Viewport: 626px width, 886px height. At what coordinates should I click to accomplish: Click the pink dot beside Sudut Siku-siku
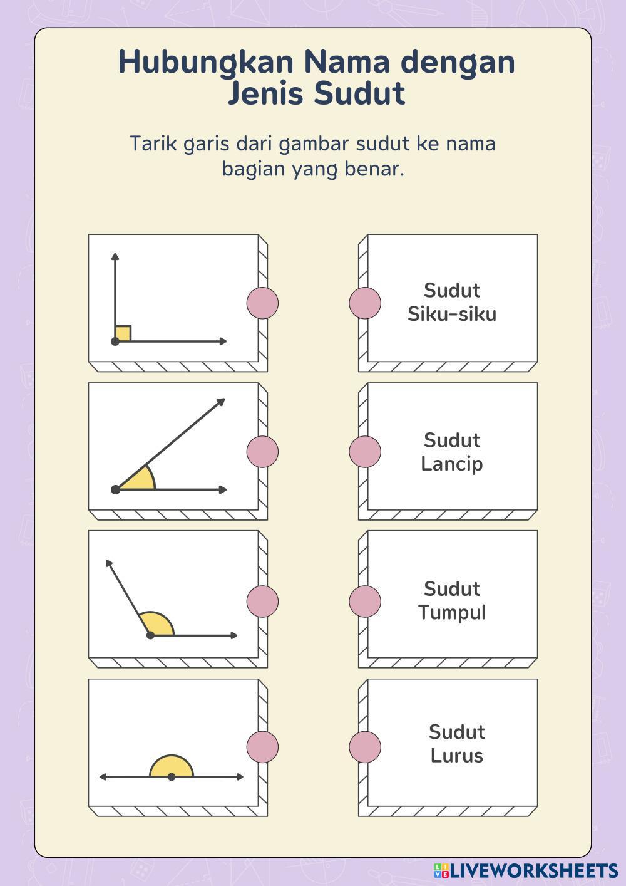pyautogui.click(x=365, y=303)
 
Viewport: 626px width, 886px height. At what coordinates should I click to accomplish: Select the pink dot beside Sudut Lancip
pyautogui.click(x=365, y=451)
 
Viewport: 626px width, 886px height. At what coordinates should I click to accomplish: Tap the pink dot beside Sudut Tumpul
pyautogui.click(x=365, y=601)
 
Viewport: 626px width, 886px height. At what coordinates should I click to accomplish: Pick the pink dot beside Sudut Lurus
pyautogui.click(x=365, y=747)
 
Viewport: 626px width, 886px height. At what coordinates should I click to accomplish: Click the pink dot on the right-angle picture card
pyautogui.click(x=262, y=303)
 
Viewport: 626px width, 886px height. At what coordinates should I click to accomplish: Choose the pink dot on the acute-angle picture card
pyautogui.click(x=262, y=451)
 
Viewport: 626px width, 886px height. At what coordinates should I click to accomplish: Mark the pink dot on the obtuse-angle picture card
pyautogui.click(x=262, y=601)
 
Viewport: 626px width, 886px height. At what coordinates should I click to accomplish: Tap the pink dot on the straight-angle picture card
pyautogui.click(x=262, y=747)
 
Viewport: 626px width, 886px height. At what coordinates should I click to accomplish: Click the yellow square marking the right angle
pyautogui.click(x=123, y=333)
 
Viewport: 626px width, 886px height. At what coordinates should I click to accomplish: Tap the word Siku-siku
pyautogui.click(x=451, y=313)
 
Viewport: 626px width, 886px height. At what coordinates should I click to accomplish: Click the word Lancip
pyautogui.click(x=451, y=464)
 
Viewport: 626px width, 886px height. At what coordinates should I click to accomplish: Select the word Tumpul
pyautogui.click(x=451, y=612)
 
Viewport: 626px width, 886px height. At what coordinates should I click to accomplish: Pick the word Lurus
pyautogui.click(x=456, y=756)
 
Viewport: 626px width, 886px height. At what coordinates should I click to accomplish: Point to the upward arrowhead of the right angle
pyautogui.click(x=115, y=257)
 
